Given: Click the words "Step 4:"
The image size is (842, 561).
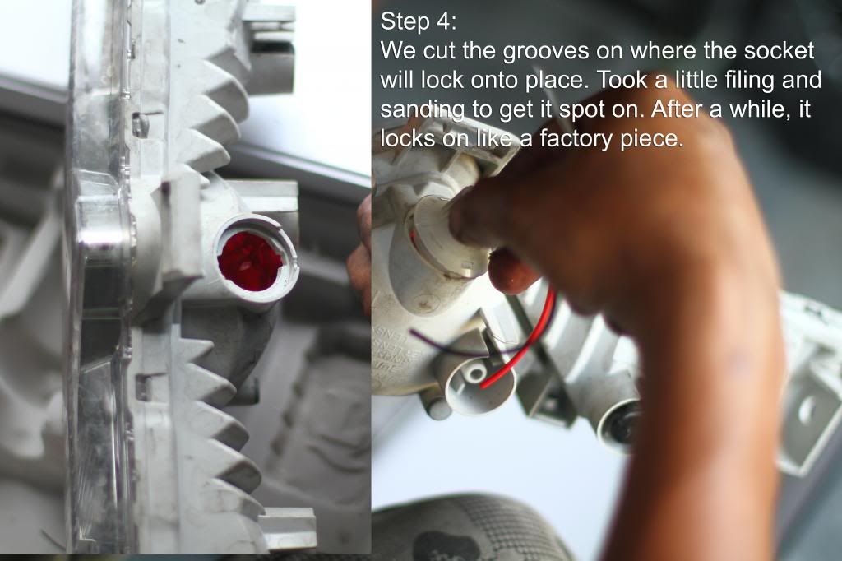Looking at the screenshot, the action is tap(419, 21).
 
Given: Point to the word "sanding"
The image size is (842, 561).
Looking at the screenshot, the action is tap(423, 109).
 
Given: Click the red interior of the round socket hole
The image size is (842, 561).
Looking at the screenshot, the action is tap(250, 261).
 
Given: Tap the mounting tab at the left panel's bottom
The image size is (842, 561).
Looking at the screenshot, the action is tap(287, 529).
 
